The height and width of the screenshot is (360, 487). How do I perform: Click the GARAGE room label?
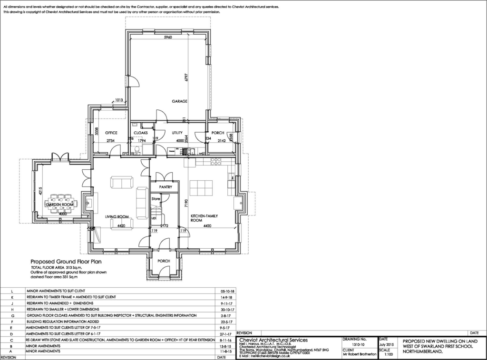pyautogui.click(x=179, y=101)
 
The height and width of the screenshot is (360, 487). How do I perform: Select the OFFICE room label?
pyautogui.click(x=111, y=133)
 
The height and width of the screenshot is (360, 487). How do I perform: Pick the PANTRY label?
pyautogui.click(x=165, y=187)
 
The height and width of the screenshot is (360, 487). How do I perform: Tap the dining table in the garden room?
pyautogui.click(x=60, y=204)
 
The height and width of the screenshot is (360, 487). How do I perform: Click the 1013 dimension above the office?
pyautogui.click(x=119, y=100)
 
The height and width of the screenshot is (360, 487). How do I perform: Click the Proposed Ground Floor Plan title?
pyautogui.click(x=66, y=262)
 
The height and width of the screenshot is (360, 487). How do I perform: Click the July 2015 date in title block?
pyautogui.click(x=387, y=344)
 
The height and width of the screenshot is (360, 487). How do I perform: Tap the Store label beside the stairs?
pyautogui.click(x=156, y=198)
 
